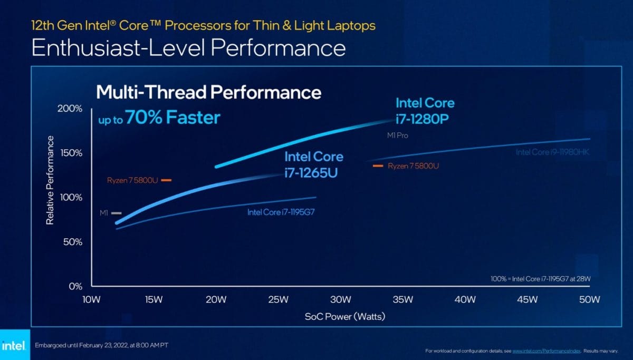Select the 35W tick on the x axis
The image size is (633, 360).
pyautogui.click(x=402, y=299)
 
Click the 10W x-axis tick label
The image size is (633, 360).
pyautogui.click(x=91, y=299)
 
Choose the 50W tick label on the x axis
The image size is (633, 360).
pyautogui.click(x=589, y=299)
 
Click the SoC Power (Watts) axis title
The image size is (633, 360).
pyautogui.click(x=344, y=316)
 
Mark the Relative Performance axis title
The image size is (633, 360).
pyautogui.click(x=50, y=180)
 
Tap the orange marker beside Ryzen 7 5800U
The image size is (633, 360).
pyautogui.click(x=167, y=180)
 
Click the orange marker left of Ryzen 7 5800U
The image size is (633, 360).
pyautogui.click(x=378, y=166)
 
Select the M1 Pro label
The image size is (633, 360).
pyautogui.click(x=398, y=135)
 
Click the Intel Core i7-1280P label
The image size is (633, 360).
pyautogui.click(x=425, y=111)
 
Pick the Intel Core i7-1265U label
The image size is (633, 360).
pyautogui.click(x=313, y=164)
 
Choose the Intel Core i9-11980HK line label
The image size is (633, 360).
pyautogui.click(x=552, y=152)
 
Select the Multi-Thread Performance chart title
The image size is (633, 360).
pyautogui.click(x=208, y=93)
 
